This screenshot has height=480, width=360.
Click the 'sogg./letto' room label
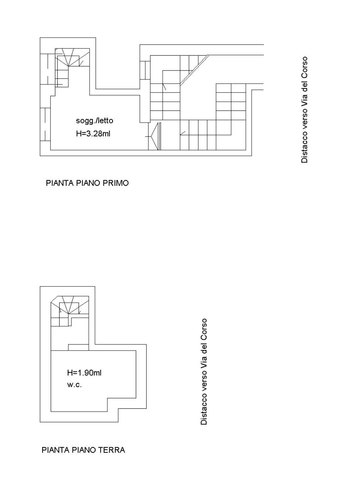[95, 121]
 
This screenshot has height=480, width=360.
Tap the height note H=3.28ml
[93, 134]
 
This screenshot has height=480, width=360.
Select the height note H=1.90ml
[84, 373]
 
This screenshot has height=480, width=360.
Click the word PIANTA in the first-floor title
[60, 183]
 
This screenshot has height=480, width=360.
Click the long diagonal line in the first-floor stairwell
[194, 70]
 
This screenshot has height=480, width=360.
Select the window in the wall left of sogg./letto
[45, 124]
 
